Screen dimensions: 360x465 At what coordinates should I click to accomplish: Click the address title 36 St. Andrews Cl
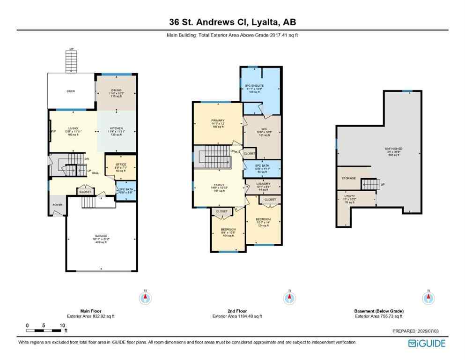pos(232,22)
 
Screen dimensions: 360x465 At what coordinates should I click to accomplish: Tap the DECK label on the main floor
pos(71,91)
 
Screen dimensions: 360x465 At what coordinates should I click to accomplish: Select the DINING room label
pos(116,90)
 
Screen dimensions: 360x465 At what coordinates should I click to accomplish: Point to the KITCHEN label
pos(116,128)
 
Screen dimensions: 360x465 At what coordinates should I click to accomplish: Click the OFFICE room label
pos(121,164)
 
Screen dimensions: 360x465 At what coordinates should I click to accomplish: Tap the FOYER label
pos(57,205)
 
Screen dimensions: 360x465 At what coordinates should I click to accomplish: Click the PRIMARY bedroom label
pos(218,120)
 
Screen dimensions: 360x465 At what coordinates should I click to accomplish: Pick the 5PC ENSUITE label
pos(255,86)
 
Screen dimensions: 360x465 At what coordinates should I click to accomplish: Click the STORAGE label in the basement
pos(348,179)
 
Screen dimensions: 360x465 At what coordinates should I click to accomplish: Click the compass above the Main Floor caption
pos(145,298)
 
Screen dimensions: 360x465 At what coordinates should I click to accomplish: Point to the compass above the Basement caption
pos(427,298)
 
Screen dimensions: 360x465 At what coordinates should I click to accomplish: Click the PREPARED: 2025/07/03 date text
pos(415,331)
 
